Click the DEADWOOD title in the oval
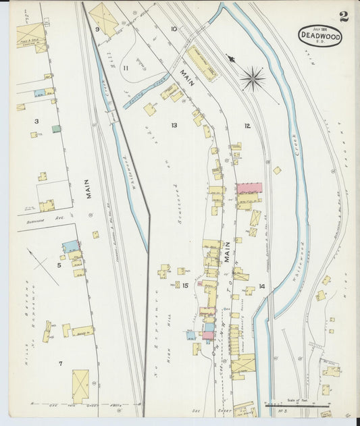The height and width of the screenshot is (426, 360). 319,34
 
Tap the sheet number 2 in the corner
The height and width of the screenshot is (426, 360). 344,17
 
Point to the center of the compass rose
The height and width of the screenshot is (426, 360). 253,79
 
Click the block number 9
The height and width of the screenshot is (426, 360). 98,30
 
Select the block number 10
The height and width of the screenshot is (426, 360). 174,29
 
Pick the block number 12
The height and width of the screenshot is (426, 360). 247,126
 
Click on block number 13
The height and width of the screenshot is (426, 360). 174,126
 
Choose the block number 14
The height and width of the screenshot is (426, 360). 261,286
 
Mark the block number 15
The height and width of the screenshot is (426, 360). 185,286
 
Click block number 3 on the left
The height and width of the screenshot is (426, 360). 37,122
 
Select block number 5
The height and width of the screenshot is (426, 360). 59,265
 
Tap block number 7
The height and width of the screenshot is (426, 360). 60,364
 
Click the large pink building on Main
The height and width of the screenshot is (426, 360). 249,188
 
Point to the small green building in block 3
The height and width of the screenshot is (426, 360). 56,128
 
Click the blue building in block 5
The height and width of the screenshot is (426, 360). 70,246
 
